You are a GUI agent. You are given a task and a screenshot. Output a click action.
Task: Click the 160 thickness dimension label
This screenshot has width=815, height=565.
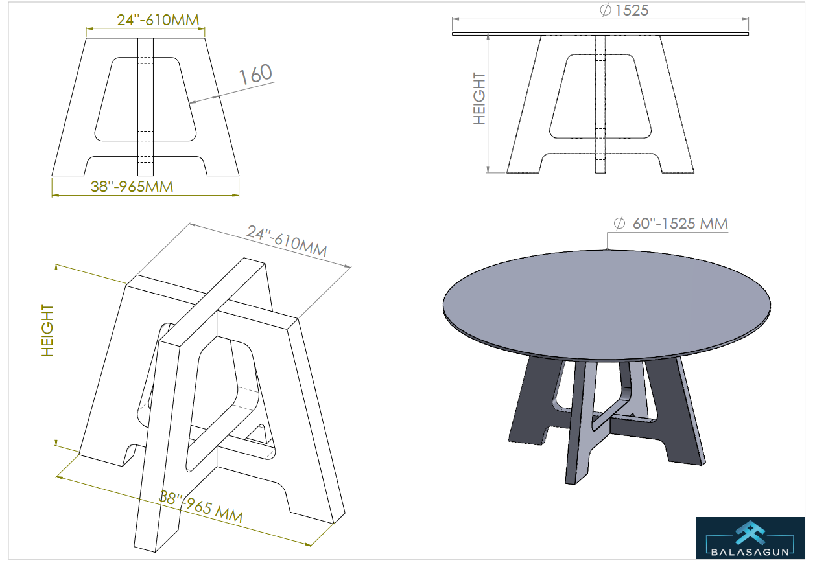coord(255,74)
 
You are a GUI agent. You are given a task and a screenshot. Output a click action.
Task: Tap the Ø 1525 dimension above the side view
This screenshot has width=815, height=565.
coord(624,10)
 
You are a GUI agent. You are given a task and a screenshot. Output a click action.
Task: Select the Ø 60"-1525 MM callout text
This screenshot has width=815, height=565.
coord(670,224)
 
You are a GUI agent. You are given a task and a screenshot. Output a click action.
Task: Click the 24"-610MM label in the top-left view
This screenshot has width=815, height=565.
coord(158,20)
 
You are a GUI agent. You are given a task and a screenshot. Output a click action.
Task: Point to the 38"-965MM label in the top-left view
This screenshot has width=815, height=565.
coord(132,187)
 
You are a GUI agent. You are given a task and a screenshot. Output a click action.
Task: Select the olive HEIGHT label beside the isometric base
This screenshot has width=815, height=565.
coord(48,330)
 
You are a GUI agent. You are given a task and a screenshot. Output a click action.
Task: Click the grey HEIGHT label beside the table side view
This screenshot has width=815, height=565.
coord(479,98)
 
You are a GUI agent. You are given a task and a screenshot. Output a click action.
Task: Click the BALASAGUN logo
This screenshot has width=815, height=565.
coord(750,538)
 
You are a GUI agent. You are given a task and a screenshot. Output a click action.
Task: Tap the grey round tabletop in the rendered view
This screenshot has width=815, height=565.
coord(606,305)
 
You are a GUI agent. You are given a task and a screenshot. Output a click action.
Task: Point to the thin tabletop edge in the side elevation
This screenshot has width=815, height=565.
coord(600,34)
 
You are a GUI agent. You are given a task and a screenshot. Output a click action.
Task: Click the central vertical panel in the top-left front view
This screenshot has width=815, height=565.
coord(145,107)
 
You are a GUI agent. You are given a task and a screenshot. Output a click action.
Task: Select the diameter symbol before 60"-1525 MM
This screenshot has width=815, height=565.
coord(619,223)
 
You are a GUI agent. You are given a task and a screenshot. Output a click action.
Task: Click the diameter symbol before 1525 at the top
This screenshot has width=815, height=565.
coord(605,10)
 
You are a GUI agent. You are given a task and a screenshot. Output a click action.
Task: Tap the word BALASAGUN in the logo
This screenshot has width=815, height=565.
coord(750,552)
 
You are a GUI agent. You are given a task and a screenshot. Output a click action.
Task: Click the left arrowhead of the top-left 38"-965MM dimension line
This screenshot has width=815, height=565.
coord(55,195)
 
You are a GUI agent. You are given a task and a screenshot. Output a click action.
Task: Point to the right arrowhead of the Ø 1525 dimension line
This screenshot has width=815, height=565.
coord(745,19)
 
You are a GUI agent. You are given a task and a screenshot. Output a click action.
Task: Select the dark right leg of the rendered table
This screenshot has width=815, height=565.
coord(677,411)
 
